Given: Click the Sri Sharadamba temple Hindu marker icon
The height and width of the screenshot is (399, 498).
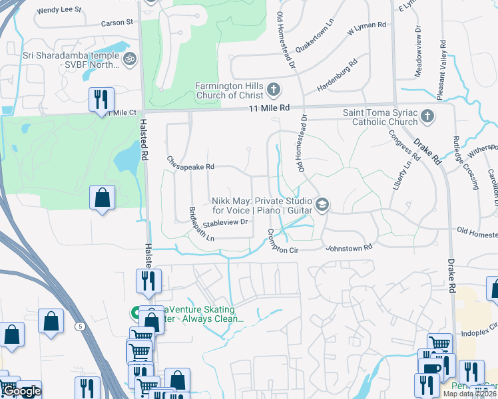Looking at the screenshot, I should (x=130, y=59).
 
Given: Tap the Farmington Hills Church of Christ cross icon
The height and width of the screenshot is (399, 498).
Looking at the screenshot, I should (x=272, y=90).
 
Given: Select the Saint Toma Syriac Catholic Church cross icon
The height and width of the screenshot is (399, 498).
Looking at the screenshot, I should (x=427, y=118).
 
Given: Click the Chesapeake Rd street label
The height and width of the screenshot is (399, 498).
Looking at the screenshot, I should (x=190, y=162).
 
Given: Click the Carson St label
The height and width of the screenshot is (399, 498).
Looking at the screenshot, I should (x=117, y=23).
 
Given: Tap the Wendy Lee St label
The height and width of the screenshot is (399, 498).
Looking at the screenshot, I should (x=59, y=11).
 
